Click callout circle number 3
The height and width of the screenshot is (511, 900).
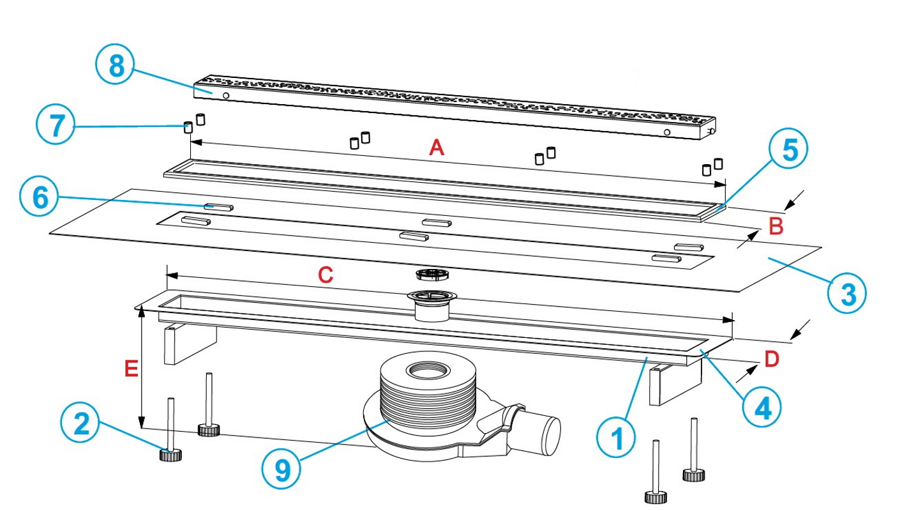point(846,294)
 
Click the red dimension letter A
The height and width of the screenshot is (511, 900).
point(436,149)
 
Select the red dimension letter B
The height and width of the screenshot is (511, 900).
point(775,226)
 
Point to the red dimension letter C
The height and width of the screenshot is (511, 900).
point(325,275)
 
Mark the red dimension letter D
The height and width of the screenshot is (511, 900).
point(771,360)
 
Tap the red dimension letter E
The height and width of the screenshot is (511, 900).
point(131,369)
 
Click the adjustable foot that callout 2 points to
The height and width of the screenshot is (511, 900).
point(170,454)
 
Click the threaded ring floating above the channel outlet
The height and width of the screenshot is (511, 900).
point(433,275)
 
